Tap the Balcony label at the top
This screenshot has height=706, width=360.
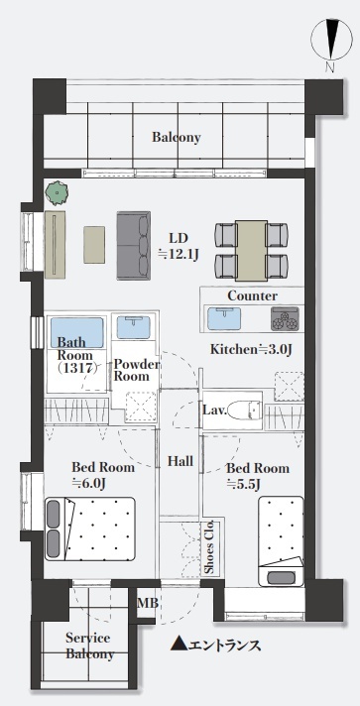coord(177,137)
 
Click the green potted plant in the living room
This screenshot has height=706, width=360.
coord(57,193)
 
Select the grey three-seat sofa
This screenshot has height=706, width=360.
coord(134,246)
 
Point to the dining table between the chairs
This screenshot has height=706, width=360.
coord(252,250)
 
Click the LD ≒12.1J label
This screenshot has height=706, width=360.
coord(179,246)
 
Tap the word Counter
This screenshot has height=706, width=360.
coord(252,296)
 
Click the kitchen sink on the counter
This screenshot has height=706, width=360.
coord(224,318)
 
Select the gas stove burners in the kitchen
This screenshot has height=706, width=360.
coord(285,318)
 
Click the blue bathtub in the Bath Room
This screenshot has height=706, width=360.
coord(77,333)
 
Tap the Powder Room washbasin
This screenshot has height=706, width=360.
coord(133,327)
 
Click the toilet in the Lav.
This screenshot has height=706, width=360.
coord(245,411)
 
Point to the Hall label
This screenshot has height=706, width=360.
coord(180,461)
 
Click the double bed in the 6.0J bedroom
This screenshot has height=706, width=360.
coord(90,529)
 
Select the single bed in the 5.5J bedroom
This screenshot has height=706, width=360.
coord(281,540)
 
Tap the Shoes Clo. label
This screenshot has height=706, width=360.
coord(210,547)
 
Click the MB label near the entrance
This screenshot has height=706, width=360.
coord(148,603)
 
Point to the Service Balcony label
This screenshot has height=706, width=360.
coord(89,646)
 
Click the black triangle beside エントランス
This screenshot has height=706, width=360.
coord(179,644)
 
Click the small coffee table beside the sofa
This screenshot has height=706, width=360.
coord(94,245)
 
